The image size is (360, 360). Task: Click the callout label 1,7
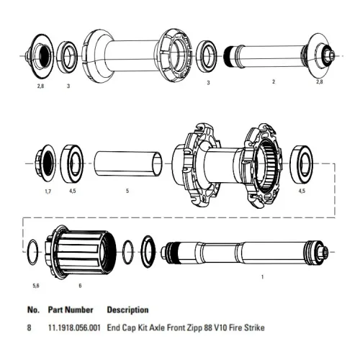(47, 192)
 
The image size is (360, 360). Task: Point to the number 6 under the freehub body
(80, 285)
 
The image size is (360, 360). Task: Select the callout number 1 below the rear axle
(262, 276)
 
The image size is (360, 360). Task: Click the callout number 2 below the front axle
(274, 83)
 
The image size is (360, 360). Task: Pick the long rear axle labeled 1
(245, 253)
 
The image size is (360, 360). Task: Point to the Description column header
(127, 310)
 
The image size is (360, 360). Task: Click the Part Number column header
(71, 310)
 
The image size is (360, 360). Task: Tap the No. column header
(33, 310)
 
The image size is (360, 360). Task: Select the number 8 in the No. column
(30, 328)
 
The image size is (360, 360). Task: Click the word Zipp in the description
(194, 328)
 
